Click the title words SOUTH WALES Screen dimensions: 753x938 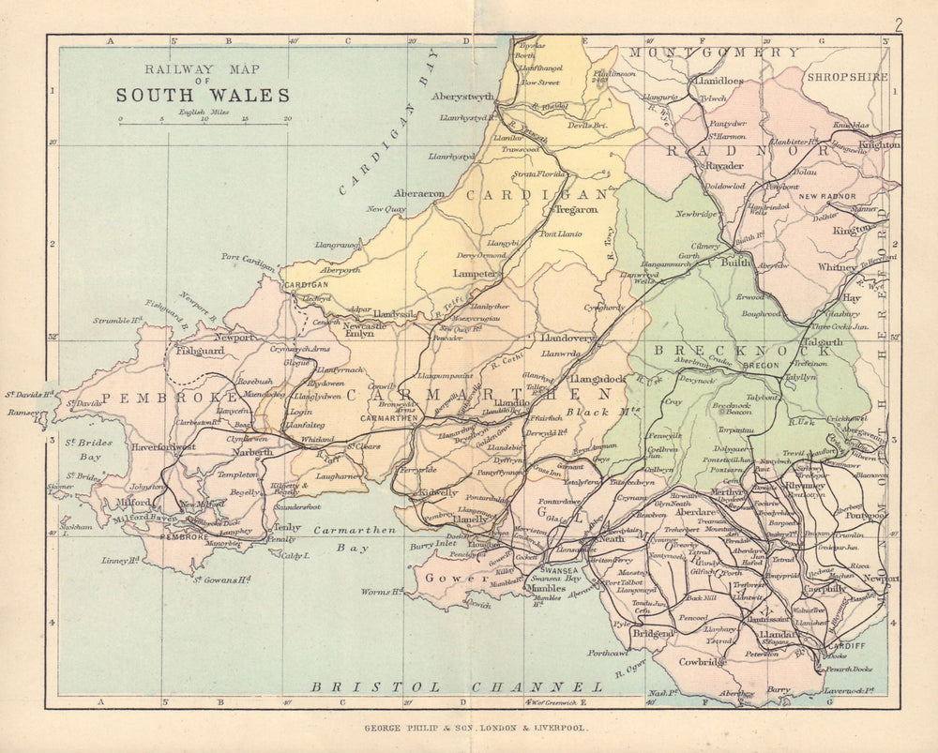pyautogui.click(x=203, y=95)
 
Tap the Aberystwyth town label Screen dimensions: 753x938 pyautogui.click(x=461, y=98)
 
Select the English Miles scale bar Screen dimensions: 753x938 pyautogui.click(x=203, y=122)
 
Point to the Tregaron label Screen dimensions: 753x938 pyautogui.click(x=576, y=209)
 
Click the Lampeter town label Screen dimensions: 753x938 pyautogui.click(x=477, y=275)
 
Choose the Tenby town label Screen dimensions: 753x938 pyautogui.click(x=286, y=527)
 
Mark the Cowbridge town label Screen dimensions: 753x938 pyautogui.click(x=703, y=662)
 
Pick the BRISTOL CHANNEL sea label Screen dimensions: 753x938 pyautogui.click(x=457, y=687)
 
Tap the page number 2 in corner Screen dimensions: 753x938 pyautogui.click(x=898, y=25)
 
